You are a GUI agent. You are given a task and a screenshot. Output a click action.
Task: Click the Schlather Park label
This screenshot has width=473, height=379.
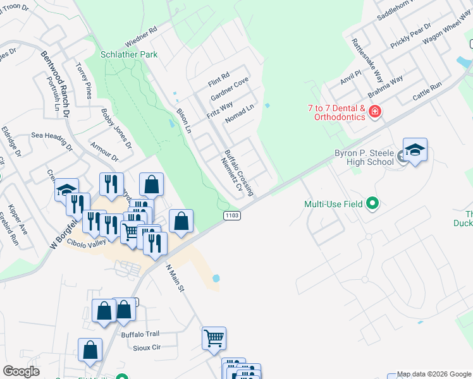pyautogui.click(x=129, y=55)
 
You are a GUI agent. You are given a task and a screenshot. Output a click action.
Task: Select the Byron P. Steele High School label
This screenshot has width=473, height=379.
pyautogui.click(x=363, y=157)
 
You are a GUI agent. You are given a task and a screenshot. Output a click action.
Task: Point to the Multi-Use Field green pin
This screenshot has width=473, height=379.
pyautogui.click(x=372, y=204)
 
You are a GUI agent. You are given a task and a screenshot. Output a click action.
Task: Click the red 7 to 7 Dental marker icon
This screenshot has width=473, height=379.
pyautogui.click(x=375, y=112)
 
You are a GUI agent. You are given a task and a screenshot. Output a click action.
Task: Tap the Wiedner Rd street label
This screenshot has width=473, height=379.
pyautogui.click(x=141, y=37)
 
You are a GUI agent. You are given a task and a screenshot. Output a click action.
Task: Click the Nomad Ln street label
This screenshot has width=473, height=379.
pyautogui.click(x=238, y=114)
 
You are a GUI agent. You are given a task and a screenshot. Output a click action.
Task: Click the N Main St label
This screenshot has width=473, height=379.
pyautogui.click(x=174, y=279)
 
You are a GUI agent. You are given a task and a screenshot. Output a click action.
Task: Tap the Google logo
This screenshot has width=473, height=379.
pyautogui.click(x=21, y=371)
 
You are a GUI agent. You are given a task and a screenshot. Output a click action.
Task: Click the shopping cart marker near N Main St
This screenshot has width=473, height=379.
pyautogui.click(x=214, y=338)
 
